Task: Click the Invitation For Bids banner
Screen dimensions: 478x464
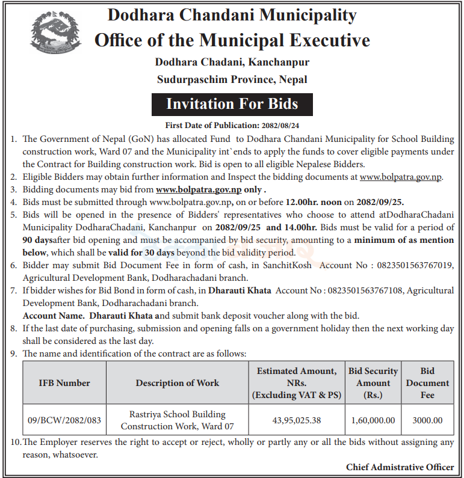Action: (232, 104)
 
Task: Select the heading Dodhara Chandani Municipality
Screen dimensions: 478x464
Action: (232, 15)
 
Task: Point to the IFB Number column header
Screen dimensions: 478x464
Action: (64, 383)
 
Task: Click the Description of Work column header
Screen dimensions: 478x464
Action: (177, 383)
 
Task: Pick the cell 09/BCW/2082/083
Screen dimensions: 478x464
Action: (64, 420)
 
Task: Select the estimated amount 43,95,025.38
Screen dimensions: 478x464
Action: (297, 420)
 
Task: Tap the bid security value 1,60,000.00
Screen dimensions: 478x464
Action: (373, 420)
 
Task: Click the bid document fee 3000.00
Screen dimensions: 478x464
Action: (427, 420)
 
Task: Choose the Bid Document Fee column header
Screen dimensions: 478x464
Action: (427, 383)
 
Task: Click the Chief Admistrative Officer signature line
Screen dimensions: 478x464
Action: (400, 467)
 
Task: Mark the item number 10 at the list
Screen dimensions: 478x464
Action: (15, 443)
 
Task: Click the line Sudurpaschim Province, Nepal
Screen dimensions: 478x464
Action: (232, 79)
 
